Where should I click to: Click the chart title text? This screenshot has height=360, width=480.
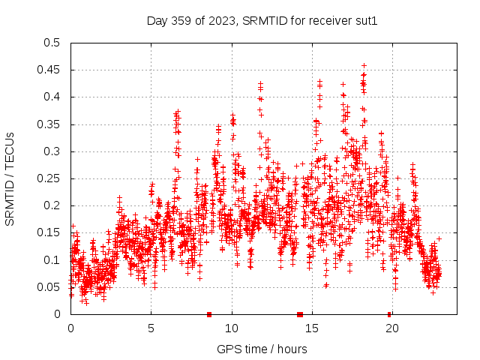tap(262, 21)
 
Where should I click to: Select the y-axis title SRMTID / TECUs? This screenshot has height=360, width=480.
tap(10, 178)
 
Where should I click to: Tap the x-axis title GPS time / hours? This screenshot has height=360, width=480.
tap(262, 349)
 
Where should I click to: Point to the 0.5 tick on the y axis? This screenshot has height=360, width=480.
tap(52, 43)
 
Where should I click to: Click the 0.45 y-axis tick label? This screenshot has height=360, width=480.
tap(49, 70)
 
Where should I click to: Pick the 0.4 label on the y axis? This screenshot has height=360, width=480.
tap(52, 97)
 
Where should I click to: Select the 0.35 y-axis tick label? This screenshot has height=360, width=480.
tap(49, 124)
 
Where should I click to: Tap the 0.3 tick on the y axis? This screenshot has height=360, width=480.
tap(52, 151)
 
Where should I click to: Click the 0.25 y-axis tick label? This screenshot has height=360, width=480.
tap(49, 178)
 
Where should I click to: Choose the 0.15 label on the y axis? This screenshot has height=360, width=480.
tap(49, 232)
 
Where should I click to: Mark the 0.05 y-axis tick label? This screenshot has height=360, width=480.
tap(49, 287)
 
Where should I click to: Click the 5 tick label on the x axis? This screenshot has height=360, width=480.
tap(151, 328)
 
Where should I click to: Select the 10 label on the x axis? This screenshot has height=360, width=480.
tap(232, 328)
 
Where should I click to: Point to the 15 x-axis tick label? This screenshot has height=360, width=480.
tap(312, 328)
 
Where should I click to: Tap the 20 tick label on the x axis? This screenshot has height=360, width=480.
tap(392, 328)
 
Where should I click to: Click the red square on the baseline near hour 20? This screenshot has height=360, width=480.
tap(389, 314)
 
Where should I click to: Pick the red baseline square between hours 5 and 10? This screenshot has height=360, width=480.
tap(209, 314)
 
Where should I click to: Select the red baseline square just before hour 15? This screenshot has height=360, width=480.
tap(300, 314)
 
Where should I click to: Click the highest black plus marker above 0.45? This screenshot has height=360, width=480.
tap(364, 66)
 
